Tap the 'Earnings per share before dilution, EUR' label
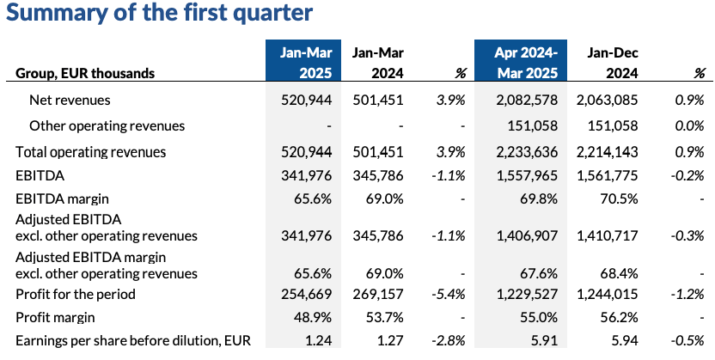[x=133, y=340]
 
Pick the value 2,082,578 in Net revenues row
[x=527, y=100]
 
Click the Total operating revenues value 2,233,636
[x=527, y=152]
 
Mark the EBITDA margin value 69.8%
[x=541, y=198]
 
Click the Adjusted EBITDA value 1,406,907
[x=527, y=235]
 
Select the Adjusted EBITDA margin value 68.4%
[x=620, y=274]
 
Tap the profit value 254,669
[x=307, y=294]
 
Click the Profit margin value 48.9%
[x=315, y=317]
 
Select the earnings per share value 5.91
[x=545, y=340]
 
